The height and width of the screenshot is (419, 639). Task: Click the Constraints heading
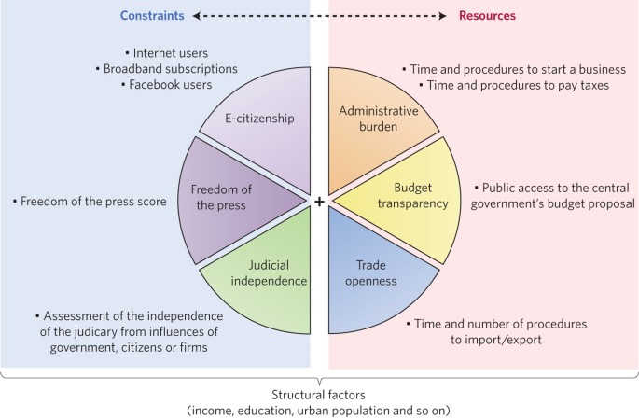[153, 16]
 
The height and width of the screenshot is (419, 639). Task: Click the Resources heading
[487, 16]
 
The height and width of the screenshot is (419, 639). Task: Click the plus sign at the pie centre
[319, 201]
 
